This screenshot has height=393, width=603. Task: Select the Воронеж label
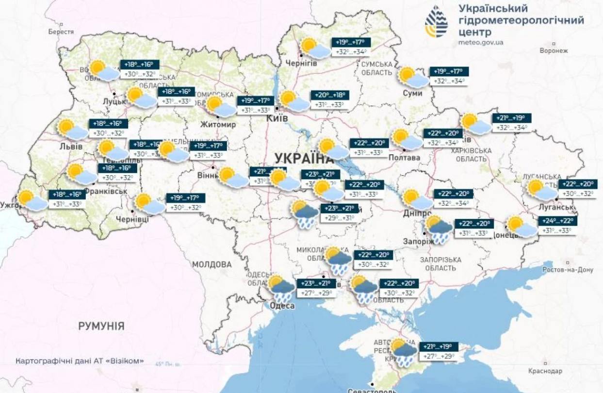554,50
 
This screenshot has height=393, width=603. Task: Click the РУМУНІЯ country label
101,326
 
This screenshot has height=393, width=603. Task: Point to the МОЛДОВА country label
212,264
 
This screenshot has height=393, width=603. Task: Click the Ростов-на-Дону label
568,270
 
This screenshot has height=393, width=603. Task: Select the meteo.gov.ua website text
481,42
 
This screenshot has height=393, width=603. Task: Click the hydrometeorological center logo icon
437,22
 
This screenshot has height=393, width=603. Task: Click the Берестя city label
61,32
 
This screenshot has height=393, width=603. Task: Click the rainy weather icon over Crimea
404,352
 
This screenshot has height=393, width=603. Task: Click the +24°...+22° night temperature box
558,221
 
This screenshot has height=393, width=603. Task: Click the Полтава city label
404,158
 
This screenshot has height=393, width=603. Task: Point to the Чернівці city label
132,219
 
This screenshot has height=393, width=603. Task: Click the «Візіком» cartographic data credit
80,361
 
